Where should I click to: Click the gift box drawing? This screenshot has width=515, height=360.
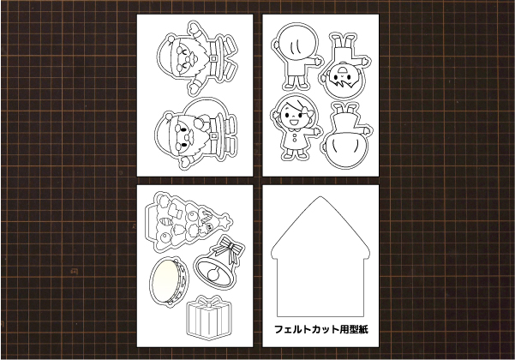(209, 317)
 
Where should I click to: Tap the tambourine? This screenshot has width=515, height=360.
(170, 282)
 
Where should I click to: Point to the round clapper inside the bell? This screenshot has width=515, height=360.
(213, 274)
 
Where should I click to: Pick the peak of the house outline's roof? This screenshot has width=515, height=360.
(320, 197)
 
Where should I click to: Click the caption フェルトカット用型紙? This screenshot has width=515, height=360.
(321, 329)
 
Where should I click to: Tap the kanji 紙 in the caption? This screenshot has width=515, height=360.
(363, 329)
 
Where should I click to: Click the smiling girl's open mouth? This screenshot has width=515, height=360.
(292, 123)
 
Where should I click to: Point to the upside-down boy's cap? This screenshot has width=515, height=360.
(342, 69)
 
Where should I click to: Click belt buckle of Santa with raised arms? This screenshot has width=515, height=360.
(213, 58)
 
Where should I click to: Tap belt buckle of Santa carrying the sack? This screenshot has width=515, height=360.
(214, 135)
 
